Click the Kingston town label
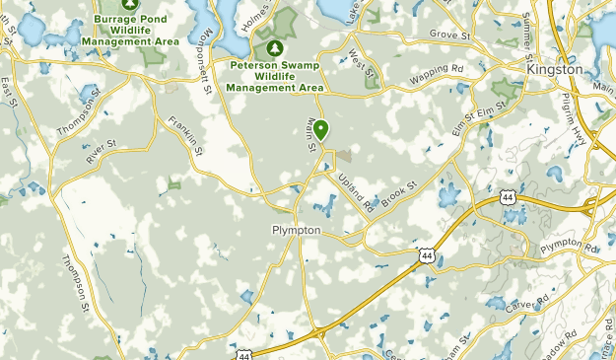pos(555,70)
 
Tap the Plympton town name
pos(294,229)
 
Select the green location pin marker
pos(321,129)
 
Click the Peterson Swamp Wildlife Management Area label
pos(275,75)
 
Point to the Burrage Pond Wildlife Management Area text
pos(138,30)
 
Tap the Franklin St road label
pos(185,137)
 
